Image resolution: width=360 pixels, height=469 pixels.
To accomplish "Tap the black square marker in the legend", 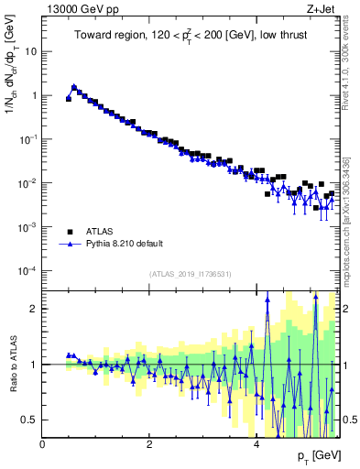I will click(x=70, y=232).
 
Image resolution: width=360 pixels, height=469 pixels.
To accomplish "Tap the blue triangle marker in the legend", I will click(x=70, y=245).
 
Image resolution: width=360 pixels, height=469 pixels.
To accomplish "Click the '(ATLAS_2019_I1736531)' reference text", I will click(x=190, y=273).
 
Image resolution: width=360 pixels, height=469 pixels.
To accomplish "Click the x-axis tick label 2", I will click(x=148, y=444).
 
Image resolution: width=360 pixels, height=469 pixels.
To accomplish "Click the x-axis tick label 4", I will click(x=256, y=444).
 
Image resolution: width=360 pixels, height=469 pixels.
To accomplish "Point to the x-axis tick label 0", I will click(x=42, y=444).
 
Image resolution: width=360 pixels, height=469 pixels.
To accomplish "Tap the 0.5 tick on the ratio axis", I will click(x=30, y=420).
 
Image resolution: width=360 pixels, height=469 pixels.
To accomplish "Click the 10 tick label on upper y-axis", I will click(x=30, y=51).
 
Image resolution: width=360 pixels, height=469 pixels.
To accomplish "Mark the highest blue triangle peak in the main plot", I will click(x=74, y=87).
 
